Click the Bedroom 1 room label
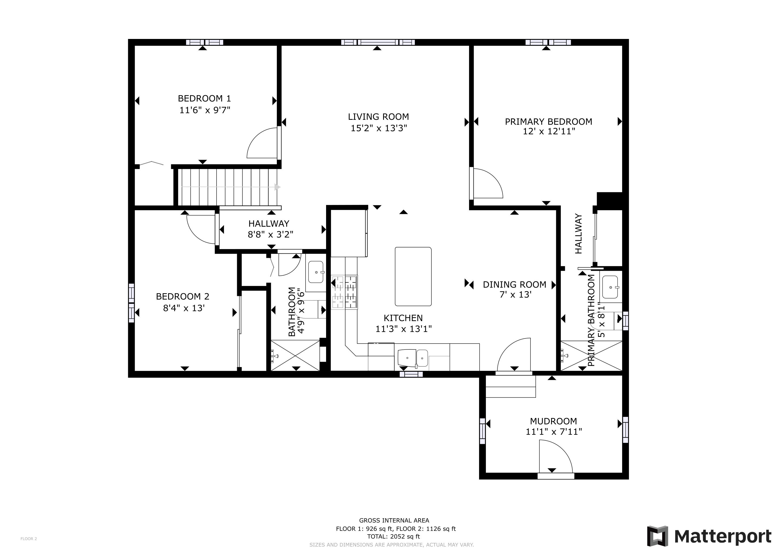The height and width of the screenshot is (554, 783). pos(204,98)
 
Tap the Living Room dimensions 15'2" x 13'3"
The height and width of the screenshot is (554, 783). pos(379,128)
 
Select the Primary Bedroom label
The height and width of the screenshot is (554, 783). pos(548,121)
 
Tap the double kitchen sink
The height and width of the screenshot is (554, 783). pos(413,358)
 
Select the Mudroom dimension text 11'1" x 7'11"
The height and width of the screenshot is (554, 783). pos(553,431)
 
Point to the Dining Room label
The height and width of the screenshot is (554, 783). pos(514,285)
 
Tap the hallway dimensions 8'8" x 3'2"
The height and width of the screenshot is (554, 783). pos(270,235)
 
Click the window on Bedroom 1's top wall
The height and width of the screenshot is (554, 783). pos(205,42)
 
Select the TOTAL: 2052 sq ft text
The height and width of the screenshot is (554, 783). pos(394,536)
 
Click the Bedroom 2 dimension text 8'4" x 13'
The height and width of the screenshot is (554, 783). pos(184,308)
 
